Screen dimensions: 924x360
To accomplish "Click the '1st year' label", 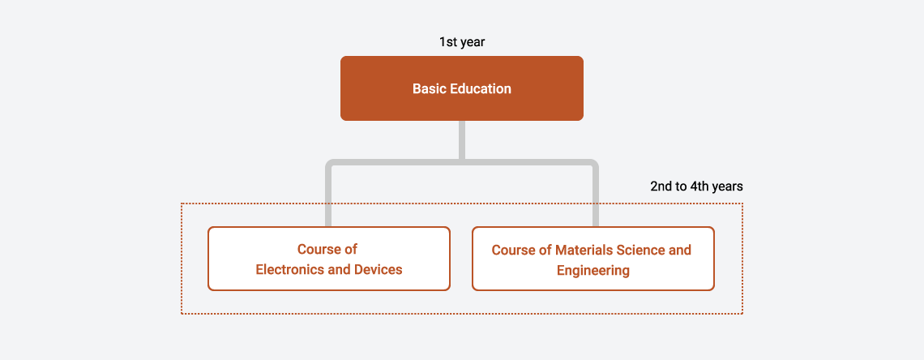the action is tap(461, 42).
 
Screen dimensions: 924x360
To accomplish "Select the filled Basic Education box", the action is tap(462, 88).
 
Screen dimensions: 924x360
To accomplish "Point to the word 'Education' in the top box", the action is tap(481, 89).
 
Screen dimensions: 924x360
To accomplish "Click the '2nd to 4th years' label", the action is tap(696, 186).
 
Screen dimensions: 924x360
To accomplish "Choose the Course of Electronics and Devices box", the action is tap(329, 259).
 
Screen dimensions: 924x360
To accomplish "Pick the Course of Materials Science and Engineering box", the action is tap(593, 259).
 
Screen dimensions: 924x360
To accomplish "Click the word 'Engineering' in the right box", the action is tap(592, 271).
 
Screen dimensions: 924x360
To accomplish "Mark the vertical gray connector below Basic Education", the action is tap(462, 139).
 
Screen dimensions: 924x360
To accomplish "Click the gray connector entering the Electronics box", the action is tap(328, 195).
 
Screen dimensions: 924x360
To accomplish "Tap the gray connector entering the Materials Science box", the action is tap(596, 195).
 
